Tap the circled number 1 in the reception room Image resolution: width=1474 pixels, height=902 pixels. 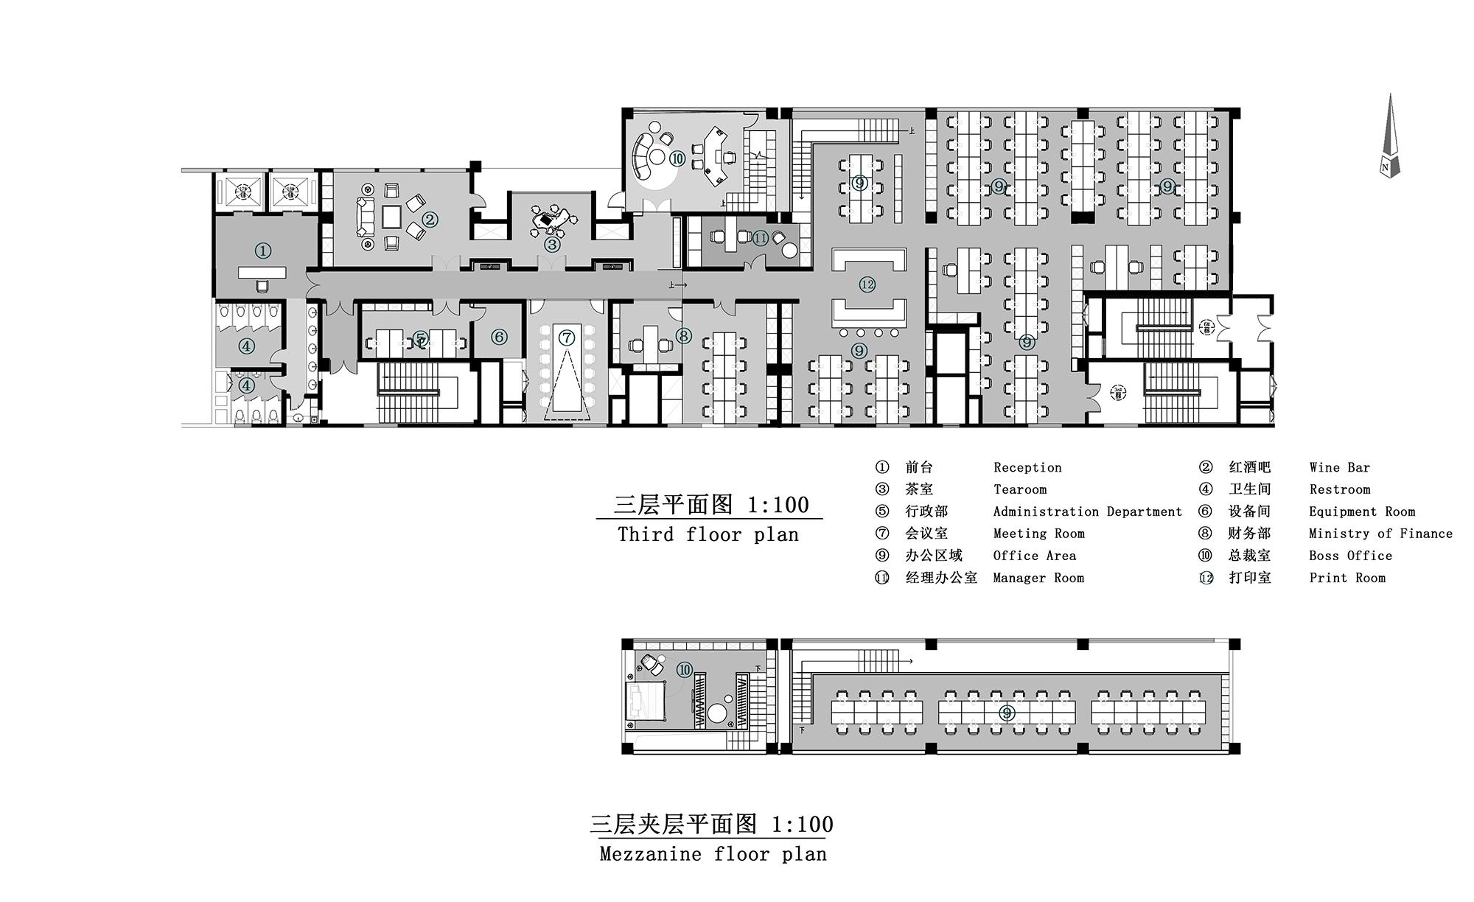[x=263, y=251]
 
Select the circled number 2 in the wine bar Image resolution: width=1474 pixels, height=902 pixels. [x=430, y=220]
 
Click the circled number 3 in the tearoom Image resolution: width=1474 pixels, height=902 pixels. [x=551, y=243]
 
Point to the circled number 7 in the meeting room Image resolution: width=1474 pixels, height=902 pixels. [x=566, y=338]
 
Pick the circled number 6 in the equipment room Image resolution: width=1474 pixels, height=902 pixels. [x=499, y=337]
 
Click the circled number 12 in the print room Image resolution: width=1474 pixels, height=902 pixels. [x=867, y=284]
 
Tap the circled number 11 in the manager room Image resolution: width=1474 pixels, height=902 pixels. [x=761, y=238]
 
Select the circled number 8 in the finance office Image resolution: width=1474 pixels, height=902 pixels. [x=684, y=336]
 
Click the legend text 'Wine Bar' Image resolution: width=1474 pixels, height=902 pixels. [x=1339, y=467]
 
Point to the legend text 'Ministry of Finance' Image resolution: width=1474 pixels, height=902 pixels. [x=1380, y=534]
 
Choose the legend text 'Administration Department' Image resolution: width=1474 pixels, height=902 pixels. [x=1087, y=511]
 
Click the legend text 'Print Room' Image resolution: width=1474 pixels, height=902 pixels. [x=1347, y=578]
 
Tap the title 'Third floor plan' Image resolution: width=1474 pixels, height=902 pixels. [x=708, y=534]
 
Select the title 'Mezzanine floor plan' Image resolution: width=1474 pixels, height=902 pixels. [x=713, y=854]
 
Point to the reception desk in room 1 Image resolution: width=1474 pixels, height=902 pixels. [x=262, y=273]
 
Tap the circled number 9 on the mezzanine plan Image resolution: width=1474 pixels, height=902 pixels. [x=1007, y=713]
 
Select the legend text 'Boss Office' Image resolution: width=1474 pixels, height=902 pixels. [x=1350, y=556]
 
